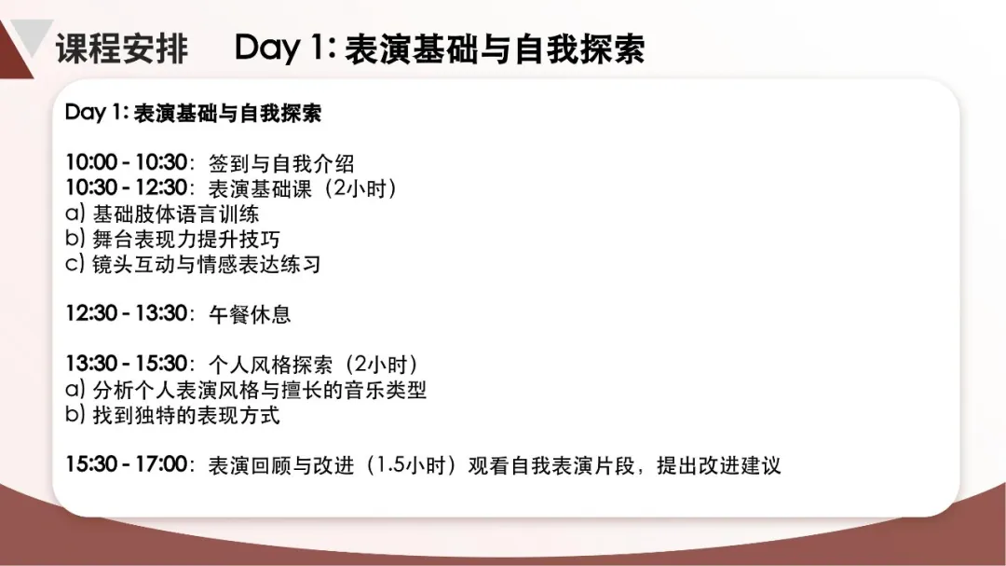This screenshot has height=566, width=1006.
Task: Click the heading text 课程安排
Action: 122,48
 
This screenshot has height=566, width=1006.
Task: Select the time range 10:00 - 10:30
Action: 127,162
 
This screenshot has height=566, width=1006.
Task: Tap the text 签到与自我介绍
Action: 281,163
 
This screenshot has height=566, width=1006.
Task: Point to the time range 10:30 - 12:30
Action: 127,187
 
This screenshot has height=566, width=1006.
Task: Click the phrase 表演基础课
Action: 260,188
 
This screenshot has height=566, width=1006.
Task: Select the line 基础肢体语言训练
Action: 176,214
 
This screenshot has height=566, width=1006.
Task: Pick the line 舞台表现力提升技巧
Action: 186,239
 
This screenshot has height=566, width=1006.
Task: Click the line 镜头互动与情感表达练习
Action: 207,264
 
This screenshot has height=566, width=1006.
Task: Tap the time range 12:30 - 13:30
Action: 127,313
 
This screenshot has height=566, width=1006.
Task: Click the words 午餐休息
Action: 250,314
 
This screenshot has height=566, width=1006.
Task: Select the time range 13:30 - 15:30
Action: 127,364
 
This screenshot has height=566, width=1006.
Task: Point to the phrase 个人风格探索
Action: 271,365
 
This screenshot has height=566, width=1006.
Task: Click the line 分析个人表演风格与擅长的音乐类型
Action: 260,390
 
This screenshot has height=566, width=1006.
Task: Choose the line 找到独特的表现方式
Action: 186,415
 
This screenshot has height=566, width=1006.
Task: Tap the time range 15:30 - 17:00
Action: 127,463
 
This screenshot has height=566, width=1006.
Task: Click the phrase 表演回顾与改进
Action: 281,465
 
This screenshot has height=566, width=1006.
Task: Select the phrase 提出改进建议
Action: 718,465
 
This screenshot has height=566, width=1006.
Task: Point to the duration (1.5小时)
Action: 412,465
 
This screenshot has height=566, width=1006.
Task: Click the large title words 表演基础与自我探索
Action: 495,49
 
